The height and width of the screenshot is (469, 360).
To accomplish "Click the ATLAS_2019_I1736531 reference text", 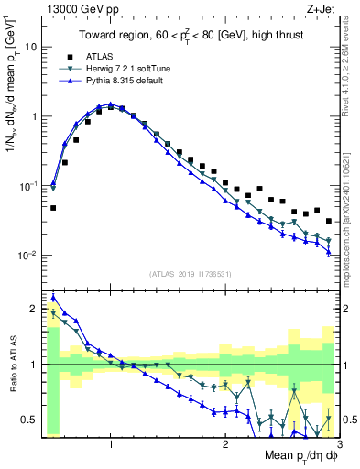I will (x=190, y=275).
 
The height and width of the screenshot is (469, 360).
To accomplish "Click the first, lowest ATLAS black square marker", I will (x=53, y=208).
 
